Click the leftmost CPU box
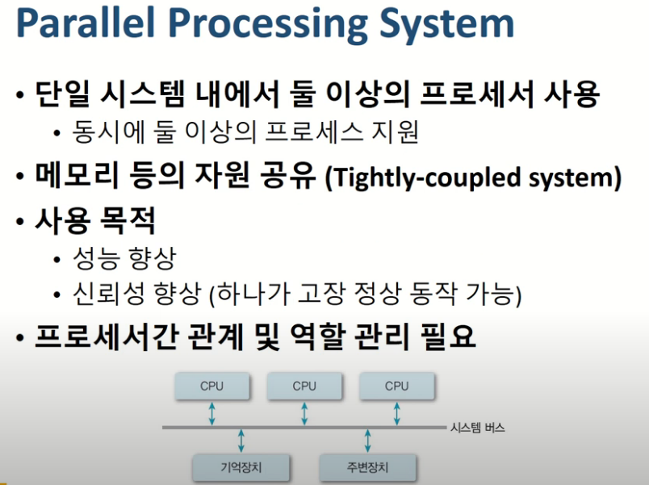(211, 386)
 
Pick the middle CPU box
(304, 386)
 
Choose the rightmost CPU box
(396, 386)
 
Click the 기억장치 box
(241, 467)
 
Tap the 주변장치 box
(368, 467)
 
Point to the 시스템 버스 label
(477, 428)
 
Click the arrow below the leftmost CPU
(211, 413)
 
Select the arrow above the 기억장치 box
(241, 441)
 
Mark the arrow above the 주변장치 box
(368, 441)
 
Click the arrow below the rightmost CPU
(396, 413)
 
